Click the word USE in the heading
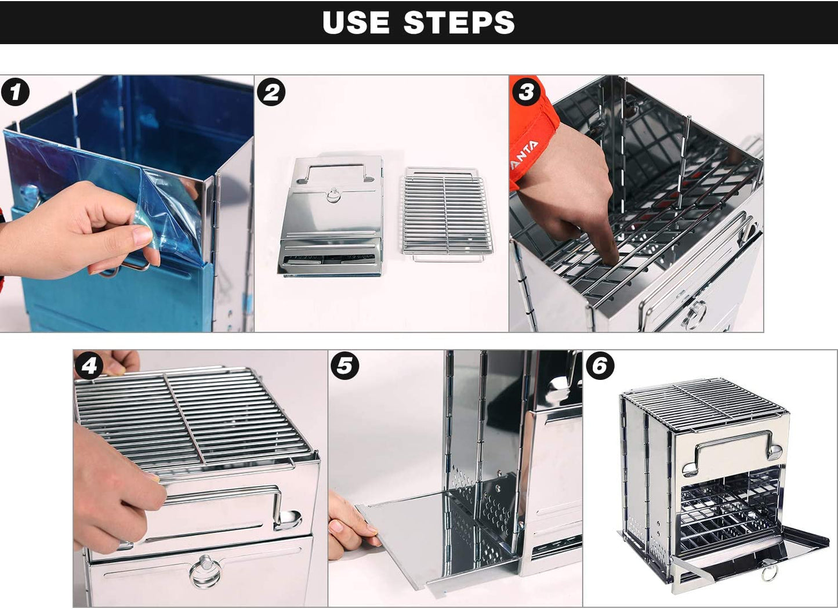pos(355,22)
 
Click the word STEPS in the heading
pos(459,22)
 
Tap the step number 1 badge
pos(15,92)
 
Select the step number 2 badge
pos(271,92)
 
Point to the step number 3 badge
pos(526,91)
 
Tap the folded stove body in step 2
pos(331,217)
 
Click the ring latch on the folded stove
pos(333,194)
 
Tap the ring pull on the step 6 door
pos(770,574)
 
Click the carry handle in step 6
pos(732,452)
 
